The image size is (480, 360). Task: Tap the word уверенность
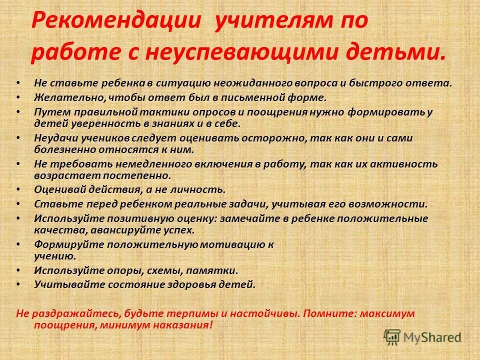tap(100, 123)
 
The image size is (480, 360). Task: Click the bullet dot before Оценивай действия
tap(18, 190)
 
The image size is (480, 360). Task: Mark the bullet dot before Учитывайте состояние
tap(18, 285)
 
